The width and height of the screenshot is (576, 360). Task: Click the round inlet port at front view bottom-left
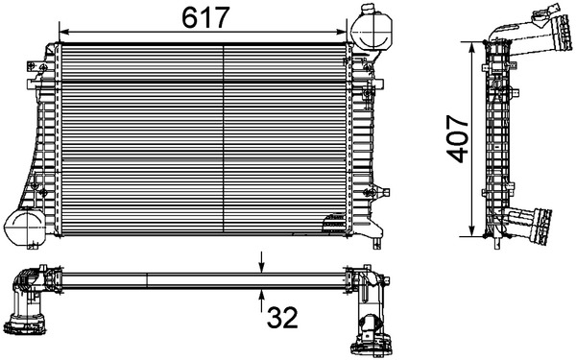[x=23, y=228]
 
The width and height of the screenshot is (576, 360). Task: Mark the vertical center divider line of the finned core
[x=223, y=134]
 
